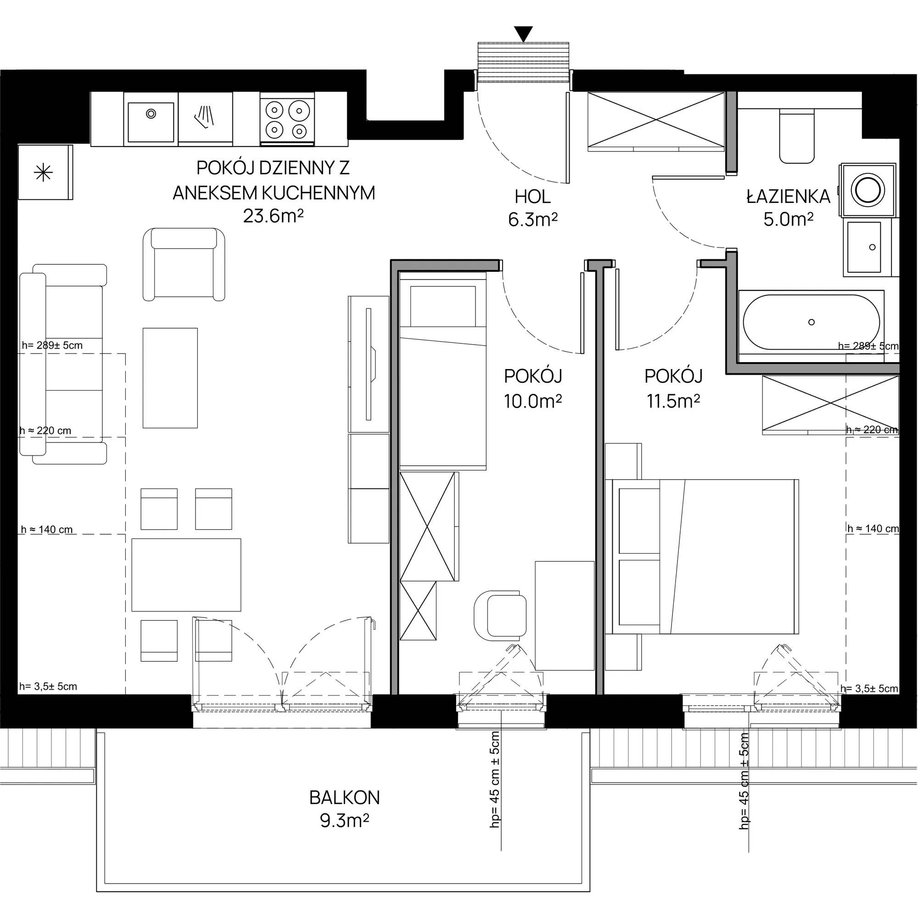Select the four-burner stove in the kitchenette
(x=287, y=119)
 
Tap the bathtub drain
(x=811, y=322)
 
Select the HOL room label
(x=532, y=196)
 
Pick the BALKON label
(x=345, y=798)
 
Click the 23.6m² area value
(x=273, y=217)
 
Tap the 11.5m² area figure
(x=673, y=402)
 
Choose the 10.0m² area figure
(x=532, y=402)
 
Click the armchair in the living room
(x=184, y=264)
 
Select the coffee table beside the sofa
(x=170, y=378)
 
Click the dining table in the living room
(x=186, y=575)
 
